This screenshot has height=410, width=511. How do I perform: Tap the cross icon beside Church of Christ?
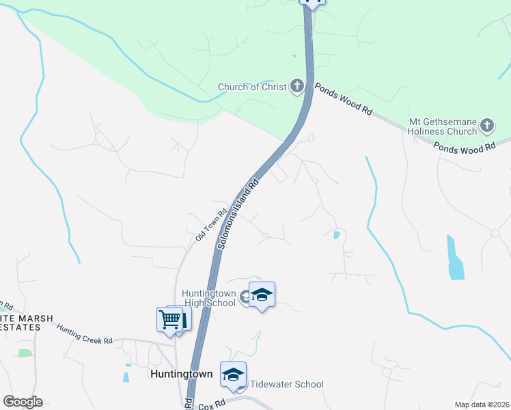pyautogui.click(x=296, y=86)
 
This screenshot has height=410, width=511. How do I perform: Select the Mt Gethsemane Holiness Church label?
pyautogui.click(x=442, y=126)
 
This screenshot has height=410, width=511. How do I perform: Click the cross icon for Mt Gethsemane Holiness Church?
pyautogui.click(x=486, y=125)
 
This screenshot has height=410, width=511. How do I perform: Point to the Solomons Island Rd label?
pyautogui.click(x=240, y=213)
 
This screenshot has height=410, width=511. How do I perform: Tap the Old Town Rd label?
pyautogui.click(x=209, y=226)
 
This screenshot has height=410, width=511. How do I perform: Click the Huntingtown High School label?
pyautogui.click(x=208, y=299)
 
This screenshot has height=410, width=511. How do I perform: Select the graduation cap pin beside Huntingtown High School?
pyautogui.click(x=262, y=295)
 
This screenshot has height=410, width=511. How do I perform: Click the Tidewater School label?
pyautogui.click(x=286, y=384)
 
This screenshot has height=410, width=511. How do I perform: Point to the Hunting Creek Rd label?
pyautogui.click(x=85, y=333)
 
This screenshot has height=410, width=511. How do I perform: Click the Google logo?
pyautogui.click(x=23, y=402)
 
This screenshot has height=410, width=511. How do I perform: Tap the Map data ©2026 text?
pyautogui.click(x=481, y=405)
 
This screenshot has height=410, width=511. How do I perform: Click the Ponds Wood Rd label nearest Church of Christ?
pyautogui.click(x=343, y=100)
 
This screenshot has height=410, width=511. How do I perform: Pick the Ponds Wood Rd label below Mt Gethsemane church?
pyautogui.click(x=465, y=147)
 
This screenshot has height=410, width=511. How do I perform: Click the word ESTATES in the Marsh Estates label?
pyautogui.click(x=20, y=327)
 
